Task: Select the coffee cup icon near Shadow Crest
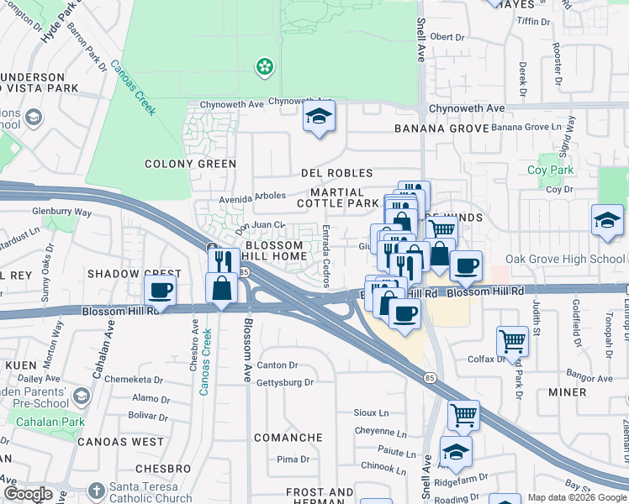pyautogui.click(x=160, y=291)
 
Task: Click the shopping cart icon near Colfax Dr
pyautogui.click(x=512, y=340)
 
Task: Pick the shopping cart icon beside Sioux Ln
pyautogui.click(x=463, y=413)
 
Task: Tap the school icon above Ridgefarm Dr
pyautogui.click(x=455, y=451)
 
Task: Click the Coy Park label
pyautogui.click(x=550, y=171)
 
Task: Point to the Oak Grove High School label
pyautogui.click(x=565, y=260)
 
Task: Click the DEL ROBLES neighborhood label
pyautogui.click(x=336, y=173)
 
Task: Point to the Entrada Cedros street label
pyautogui.click(x=325, y=255)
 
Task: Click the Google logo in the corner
pyautogui.click(x=28, y=494)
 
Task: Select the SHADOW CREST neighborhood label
pyautogui.click(x=135, y=275)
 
